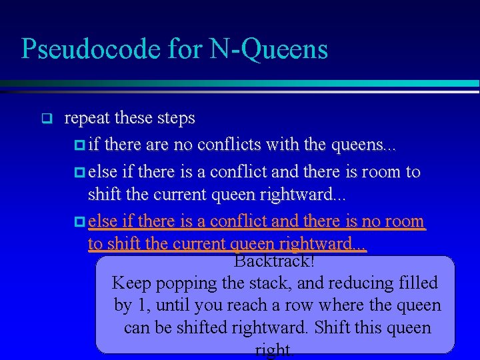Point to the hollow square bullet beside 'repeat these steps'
click(x=46, y=120)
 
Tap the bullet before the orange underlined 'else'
click(x=80, y=221)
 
